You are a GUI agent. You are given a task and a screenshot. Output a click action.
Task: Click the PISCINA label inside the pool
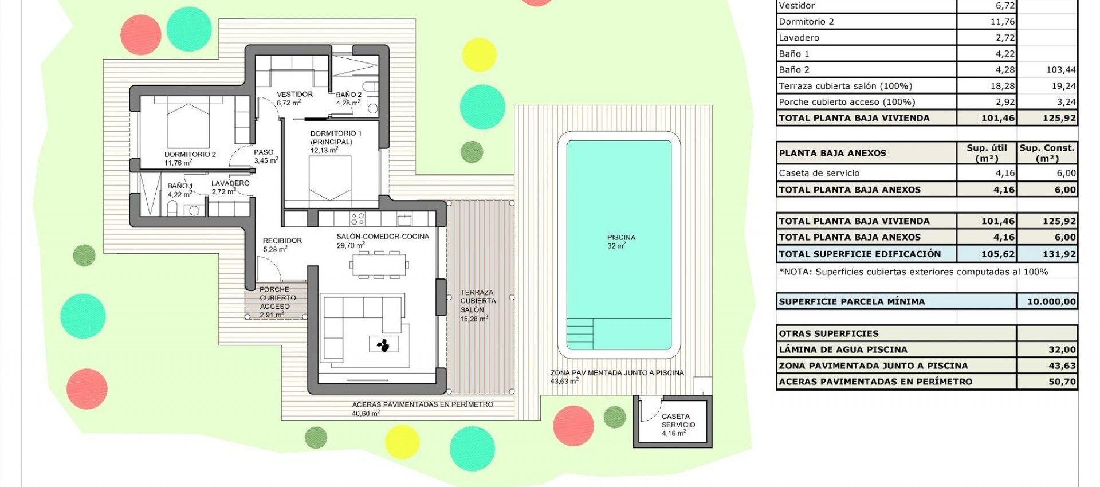(x=621, y=241)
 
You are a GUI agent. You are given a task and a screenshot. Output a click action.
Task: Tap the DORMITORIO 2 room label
(x=190, y=158)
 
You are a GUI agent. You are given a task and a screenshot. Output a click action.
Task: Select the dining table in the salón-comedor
(x=379, y=264)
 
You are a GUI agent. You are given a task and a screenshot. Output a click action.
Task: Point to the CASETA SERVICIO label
(x=678, y=425)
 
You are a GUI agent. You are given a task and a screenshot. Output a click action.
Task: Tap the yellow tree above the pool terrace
(x=478, y=54)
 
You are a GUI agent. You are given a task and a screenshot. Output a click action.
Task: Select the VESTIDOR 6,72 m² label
(x=294, y=99)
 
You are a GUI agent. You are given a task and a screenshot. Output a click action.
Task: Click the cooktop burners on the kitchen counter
(x=357, y=219)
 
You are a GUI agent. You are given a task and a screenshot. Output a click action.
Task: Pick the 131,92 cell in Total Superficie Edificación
(x=1047, y=254)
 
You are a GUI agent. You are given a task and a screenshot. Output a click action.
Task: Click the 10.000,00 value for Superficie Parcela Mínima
(x=1047, y=301)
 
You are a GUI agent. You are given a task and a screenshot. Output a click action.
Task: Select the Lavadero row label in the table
(x=799, y=38)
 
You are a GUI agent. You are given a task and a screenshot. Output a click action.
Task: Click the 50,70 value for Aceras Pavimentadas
(x=1047, y=382)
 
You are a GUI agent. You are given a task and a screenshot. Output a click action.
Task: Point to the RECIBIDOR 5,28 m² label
(x=282, y=245)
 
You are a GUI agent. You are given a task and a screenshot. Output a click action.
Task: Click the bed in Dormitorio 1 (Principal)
(x=330, y=178)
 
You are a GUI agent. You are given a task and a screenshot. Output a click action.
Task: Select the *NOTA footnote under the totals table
(x=913, y=272)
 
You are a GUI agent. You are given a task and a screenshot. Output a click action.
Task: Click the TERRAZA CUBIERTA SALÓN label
(x=478, y=305)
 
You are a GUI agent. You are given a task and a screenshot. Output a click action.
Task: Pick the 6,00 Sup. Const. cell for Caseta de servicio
(x=1047, y=173)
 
